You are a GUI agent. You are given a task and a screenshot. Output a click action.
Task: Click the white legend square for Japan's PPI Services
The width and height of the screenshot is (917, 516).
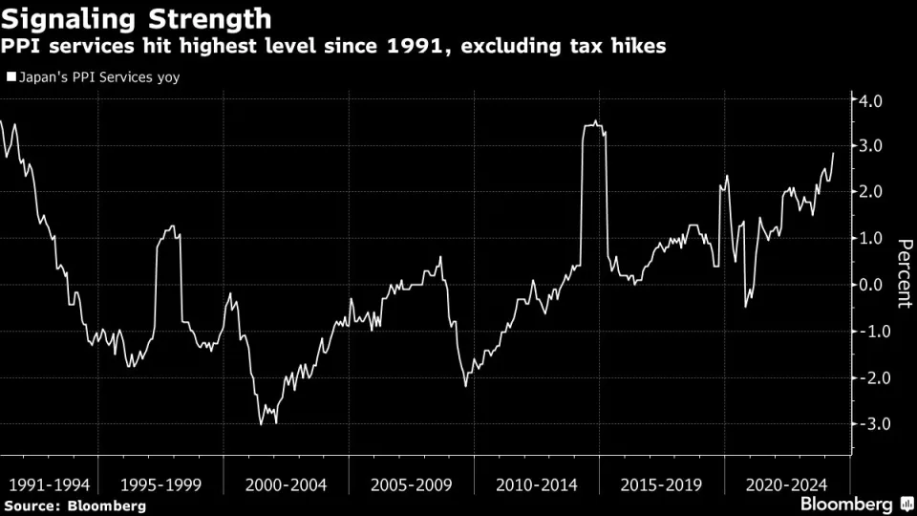tap(11, 76)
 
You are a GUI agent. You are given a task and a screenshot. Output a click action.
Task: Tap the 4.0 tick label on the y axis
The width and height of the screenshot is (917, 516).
tap(877, 100)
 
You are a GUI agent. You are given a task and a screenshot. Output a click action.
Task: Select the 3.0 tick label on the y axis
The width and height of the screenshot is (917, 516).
tap(877, 146)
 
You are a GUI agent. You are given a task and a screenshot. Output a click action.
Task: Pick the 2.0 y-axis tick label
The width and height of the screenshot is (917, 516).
tap(877, 192)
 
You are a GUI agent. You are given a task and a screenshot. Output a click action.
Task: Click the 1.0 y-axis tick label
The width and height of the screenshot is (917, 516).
tap(877, 239)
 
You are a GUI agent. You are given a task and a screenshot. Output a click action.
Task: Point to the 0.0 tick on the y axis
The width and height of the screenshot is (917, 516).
tap(877, 285)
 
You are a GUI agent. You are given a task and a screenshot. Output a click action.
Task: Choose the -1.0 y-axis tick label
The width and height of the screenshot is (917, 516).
tap(874, 332)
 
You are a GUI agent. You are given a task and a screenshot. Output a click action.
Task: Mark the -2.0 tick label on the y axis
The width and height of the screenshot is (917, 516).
tap(874, 377)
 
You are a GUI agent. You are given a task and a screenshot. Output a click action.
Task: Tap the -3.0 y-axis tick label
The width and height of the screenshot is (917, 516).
tap(874, 423)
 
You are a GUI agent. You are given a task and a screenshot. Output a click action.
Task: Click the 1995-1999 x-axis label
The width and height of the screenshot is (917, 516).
tap(160, 484)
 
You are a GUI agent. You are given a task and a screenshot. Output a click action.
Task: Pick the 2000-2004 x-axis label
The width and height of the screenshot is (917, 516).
tap(286, 484)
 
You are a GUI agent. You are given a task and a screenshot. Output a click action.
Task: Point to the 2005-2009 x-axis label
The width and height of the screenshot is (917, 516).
tap(411, 484)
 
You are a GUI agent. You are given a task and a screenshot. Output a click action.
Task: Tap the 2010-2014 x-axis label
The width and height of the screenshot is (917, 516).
tap(536, 484)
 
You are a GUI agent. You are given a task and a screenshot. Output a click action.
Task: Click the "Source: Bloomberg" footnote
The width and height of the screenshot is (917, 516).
tap(75, 505)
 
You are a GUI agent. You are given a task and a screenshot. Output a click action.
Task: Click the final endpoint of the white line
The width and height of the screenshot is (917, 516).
tap(833, 153)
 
